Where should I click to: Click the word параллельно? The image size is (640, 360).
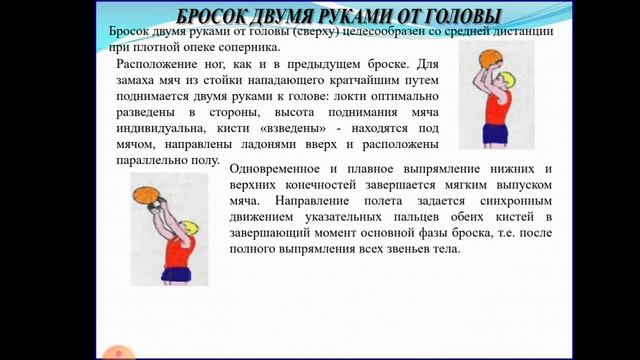[147, 160]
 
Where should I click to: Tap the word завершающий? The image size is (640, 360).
[276, 233]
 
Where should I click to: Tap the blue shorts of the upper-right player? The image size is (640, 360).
[494, 133]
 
